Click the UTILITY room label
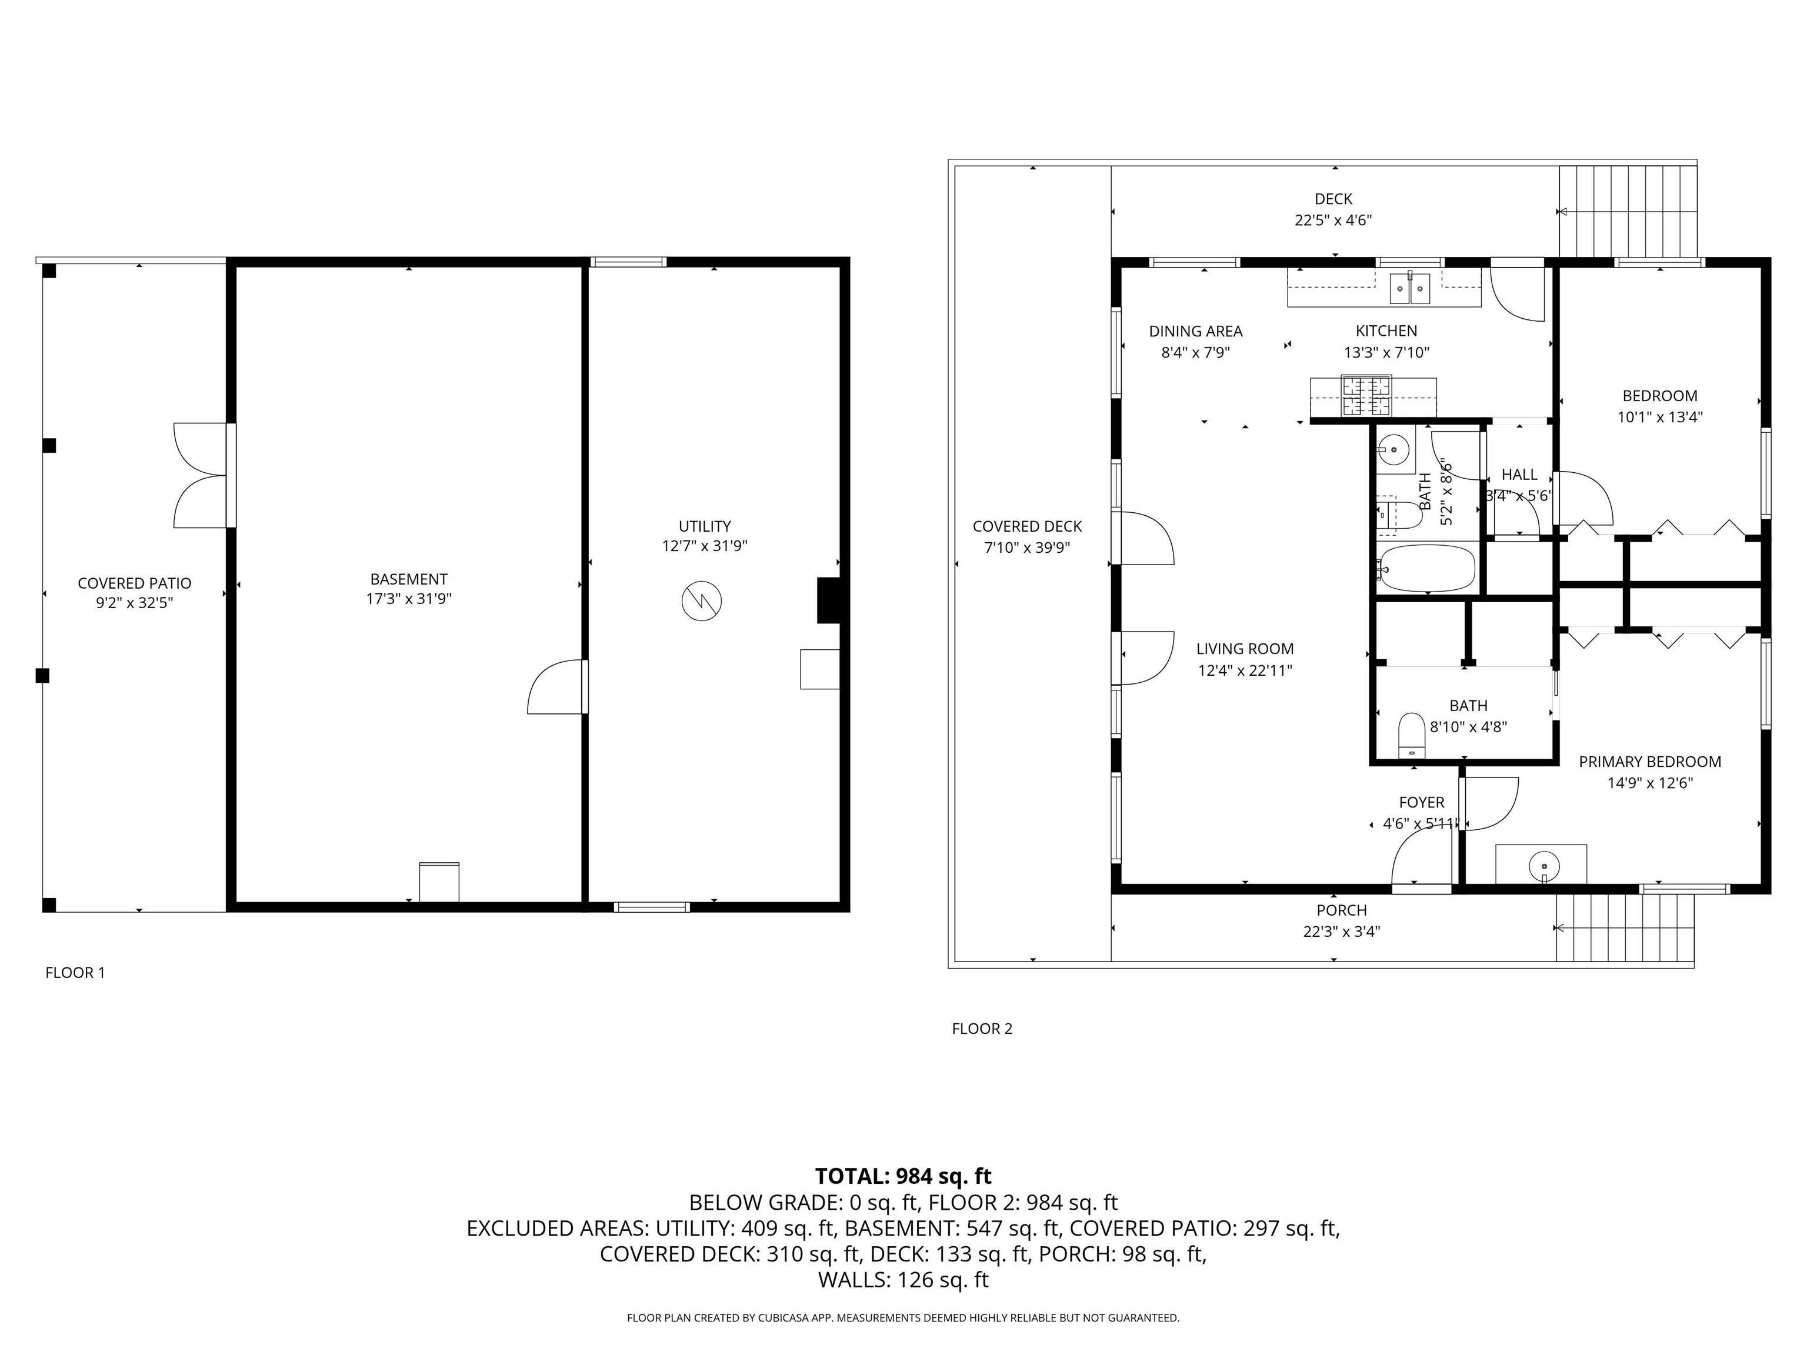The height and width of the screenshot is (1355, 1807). coord(704,526)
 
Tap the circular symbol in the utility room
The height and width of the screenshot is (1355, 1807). coord(701,600)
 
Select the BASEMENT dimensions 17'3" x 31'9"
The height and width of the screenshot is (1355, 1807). coord(408,599)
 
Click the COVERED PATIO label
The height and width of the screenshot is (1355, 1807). coord(134,583)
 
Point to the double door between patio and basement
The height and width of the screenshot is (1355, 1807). coord(202,475)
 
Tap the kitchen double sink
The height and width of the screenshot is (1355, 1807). coord(1410,288)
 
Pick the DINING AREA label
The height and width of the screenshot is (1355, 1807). coord(1195,331)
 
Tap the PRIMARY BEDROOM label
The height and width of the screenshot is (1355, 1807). coord(1649,761)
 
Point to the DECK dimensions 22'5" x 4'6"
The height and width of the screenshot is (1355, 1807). coord(1333,220)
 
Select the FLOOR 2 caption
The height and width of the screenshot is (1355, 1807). coord(982,1028)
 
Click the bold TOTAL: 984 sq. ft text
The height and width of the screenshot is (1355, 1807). coord(903,1176)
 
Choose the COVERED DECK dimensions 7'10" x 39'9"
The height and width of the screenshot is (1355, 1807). coord(1027,547)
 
